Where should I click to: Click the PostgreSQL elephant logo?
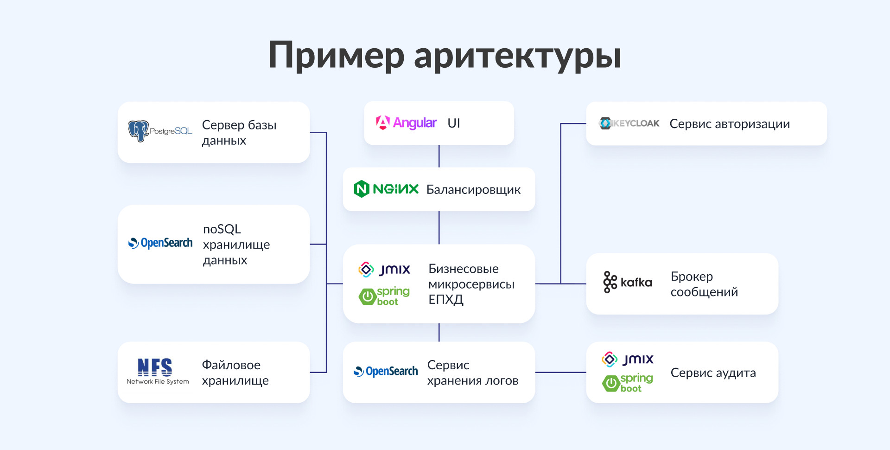coord(139,131)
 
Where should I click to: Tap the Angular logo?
coord(406,123)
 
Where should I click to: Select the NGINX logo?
coord(386,189)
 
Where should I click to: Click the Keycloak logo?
coord(629,123)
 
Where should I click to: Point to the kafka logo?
coord(628,282)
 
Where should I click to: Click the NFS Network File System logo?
coord(158,372)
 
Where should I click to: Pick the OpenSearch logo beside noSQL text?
coord(160,243)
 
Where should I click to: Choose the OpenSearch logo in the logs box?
coord(386,371)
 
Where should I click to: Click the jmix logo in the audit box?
coord(628,359)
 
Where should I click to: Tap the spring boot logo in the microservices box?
coord(384,296)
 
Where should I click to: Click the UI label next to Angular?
coord(454,123)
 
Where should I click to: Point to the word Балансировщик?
coord(473,190)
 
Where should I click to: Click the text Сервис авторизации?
coord(730,124)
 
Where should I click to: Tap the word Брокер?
coord(692,276)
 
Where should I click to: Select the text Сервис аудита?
coord(713,373)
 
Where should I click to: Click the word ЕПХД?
coord(446,300)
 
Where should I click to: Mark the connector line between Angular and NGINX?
coord(439,156)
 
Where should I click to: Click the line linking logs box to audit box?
coord(560,372)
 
